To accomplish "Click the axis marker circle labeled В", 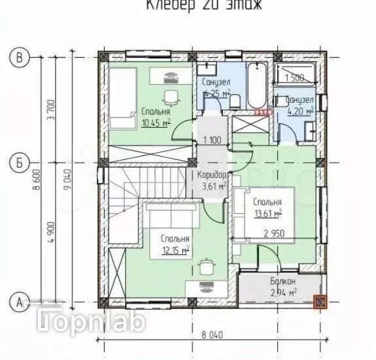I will coord(19,58).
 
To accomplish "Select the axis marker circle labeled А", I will coord(19,302).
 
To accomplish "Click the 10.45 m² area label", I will coord(155,122).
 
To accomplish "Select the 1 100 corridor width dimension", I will coord(211,140).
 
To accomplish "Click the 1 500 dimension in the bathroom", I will coord(295,78).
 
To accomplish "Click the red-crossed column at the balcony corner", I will coord(320,302).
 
